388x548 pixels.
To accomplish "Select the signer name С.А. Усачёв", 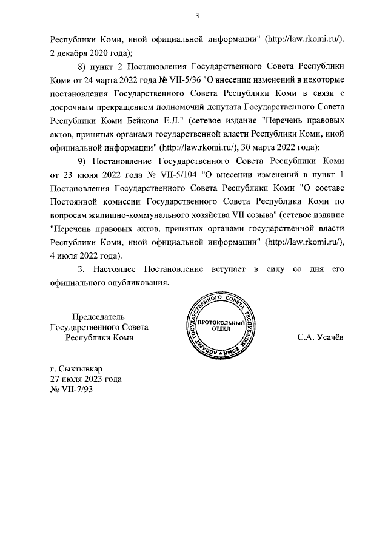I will [319, 338].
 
